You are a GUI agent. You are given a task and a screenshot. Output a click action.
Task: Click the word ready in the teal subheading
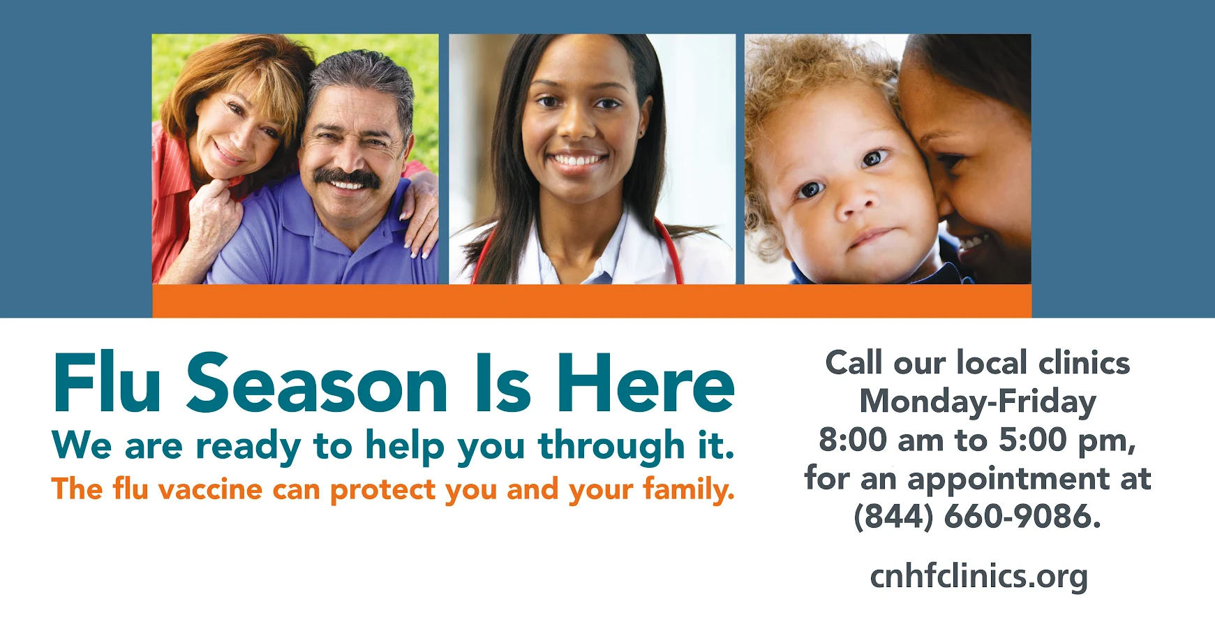pos(248,447)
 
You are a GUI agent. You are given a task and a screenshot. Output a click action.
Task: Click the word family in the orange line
pos(687,489)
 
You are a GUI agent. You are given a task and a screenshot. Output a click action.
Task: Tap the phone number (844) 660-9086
pos(977,517)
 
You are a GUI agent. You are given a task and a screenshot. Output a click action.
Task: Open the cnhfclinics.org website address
pos(978,577)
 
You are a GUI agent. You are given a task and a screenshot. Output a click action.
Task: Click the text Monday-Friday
pos(977,402)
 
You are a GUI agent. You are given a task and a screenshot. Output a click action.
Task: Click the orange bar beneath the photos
pos(592,301)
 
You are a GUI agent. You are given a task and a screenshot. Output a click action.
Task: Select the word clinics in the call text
pos(1084,363)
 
